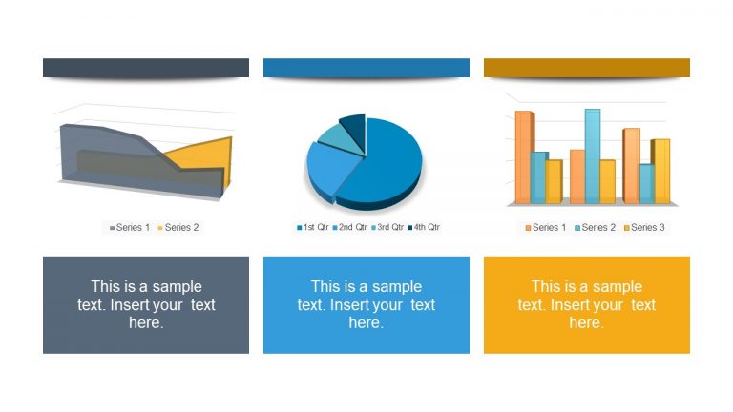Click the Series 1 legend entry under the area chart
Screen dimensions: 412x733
(130, 227)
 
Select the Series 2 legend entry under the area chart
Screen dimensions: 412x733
(178, 227)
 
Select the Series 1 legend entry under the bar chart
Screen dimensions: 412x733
(545, 227)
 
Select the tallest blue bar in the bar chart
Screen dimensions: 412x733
(592, 153)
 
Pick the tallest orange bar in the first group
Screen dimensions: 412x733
(523, 157)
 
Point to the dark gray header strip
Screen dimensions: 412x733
(145, 68)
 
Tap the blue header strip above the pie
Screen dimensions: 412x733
(366, 68)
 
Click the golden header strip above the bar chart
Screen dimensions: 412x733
(586, 68)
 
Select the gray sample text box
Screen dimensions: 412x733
(145, 304)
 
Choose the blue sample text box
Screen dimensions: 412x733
(366, 304)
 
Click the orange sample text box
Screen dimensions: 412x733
(586, 304)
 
